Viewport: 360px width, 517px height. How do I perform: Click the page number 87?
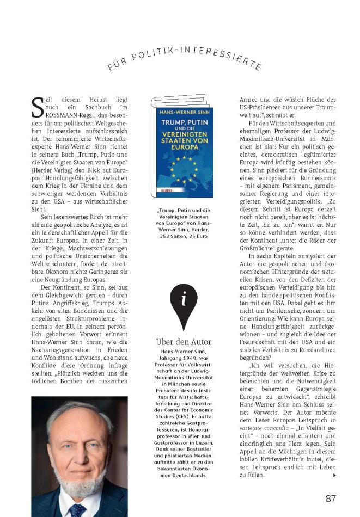331,498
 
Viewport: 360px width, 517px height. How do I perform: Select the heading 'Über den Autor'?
184,342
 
